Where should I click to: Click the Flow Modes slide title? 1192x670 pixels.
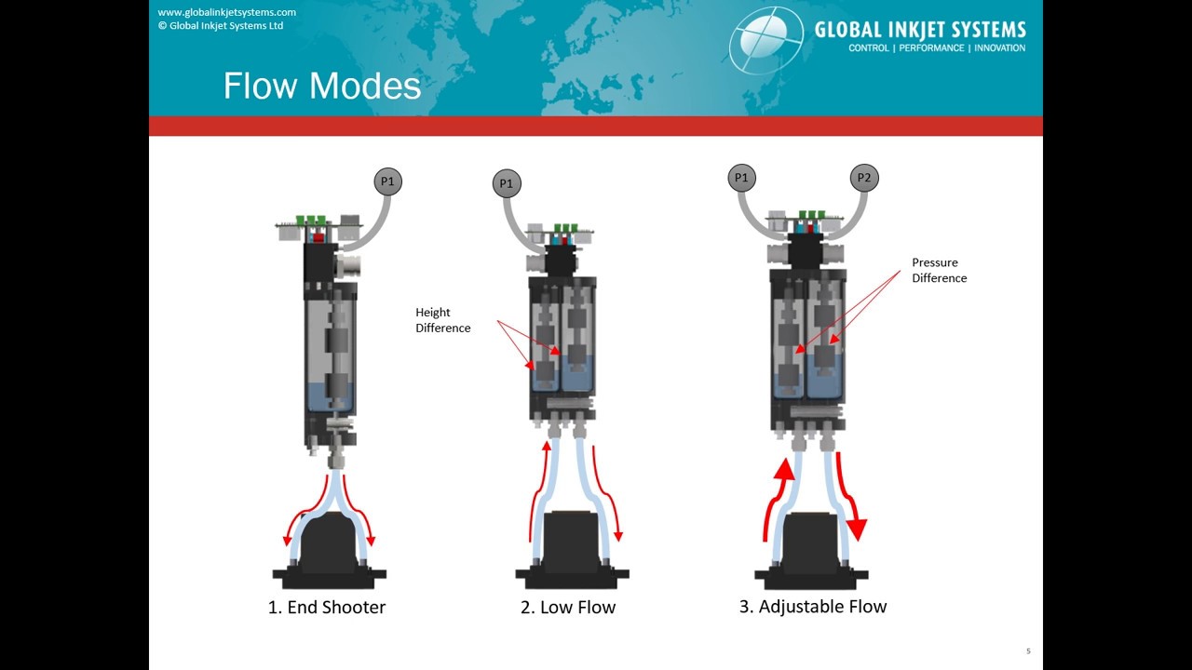(322, 86)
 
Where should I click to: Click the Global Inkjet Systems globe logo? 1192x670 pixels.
(765, 39)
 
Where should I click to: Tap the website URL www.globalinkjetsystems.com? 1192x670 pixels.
(226, 12)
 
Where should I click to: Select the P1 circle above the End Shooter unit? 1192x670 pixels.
(387, 181)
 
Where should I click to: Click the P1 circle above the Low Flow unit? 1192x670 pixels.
(506, 183)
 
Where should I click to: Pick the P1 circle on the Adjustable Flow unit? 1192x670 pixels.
(741, 177)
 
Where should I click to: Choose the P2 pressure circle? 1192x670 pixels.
(864, 177)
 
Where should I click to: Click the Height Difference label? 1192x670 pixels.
(442, 320)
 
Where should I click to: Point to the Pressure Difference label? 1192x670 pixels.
(939, 270)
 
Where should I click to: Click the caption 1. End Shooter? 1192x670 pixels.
(327, 608)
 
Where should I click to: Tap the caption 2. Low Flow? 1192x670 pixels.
(568, 608)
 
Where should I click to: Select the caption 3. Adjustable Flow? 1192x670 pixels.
(812, 607)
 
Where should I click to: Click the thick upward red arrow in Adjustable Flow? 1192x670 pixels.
(779, 493)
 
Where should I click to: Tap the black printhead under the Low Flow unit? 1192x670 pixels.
(571, 549)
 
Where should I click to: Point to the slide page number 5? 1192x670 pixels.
(1028, 651)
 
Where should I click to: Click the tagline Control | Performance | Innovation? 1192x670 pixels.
(936, 48)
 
